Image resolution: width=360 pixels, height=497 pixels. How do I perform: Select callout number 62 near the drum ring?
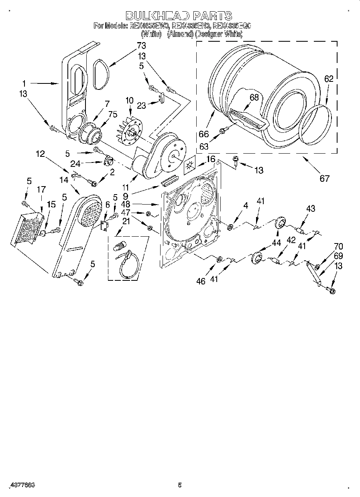[328, 79]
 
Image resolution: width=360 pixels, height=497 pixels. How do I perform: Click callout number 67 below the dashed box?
[324, 178]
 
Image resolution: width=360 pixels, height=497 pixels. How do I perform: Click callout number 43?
[310, 208]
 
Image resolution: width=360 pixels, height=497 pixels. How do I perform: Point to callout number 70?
[338, 247]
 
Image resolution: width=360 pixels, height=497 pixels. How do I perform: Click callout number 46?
[200, 281]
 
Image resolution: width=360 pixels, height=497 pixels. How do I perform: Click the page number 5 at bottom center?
[180, 485]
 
